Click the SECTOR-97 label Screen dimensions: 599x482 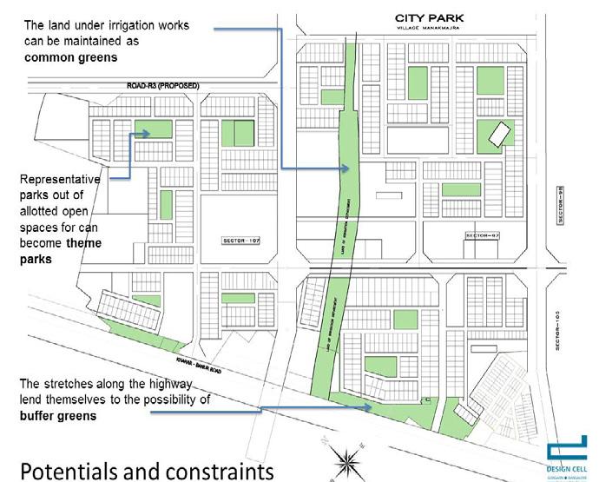[484, 235]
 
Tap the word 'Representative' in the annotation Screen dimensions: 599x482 [60, 179]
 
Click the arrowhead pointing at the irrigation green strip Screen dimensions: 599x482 [340, 167]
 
